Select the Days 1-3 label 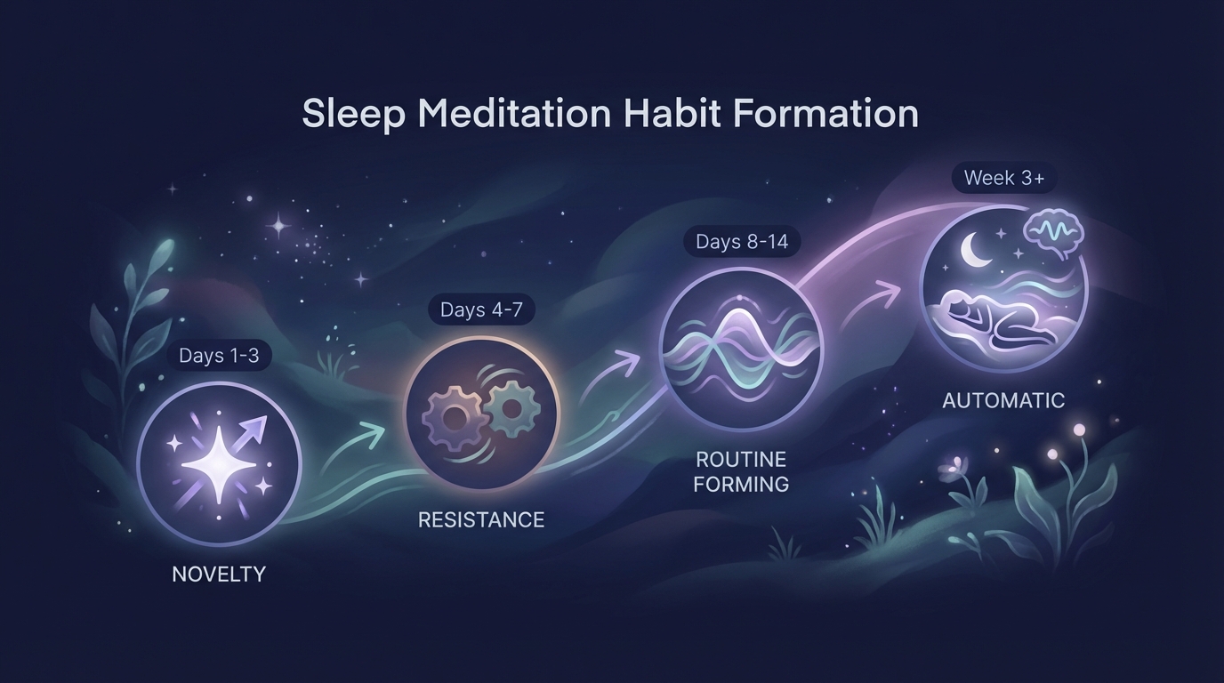(x=219, y=356)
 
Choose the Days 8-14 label (x=742, y=242)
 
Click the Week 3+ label (x=1004, y=178)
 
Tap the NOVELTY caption (x=219, y=574)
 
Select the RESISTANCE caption (x=481, y=519)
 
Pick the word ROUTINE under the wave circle (x=741, y=460)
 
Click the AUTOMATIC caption (x=1003, y=400)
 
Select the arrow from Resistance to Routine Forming (x=622, y=366)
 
